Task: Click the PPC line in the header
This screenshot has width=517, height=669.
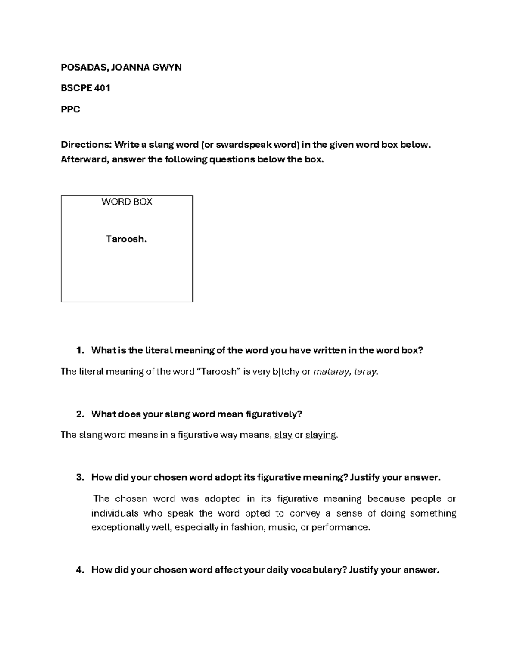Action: (70, 109)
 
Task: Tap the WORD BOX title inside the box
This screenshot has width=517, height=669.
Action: (127, 202)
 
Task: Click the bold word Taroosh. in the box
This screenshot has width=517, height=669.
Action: (127, 239)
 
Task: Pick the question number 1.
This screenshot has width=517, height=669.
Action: (79, 350)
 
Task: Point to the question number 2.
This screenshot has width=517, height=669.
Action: (79, 414)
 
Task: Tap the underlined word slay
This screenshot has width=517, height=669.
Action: (283, 435)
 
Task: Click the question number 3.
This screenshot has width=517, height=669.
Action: (79, 477)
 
